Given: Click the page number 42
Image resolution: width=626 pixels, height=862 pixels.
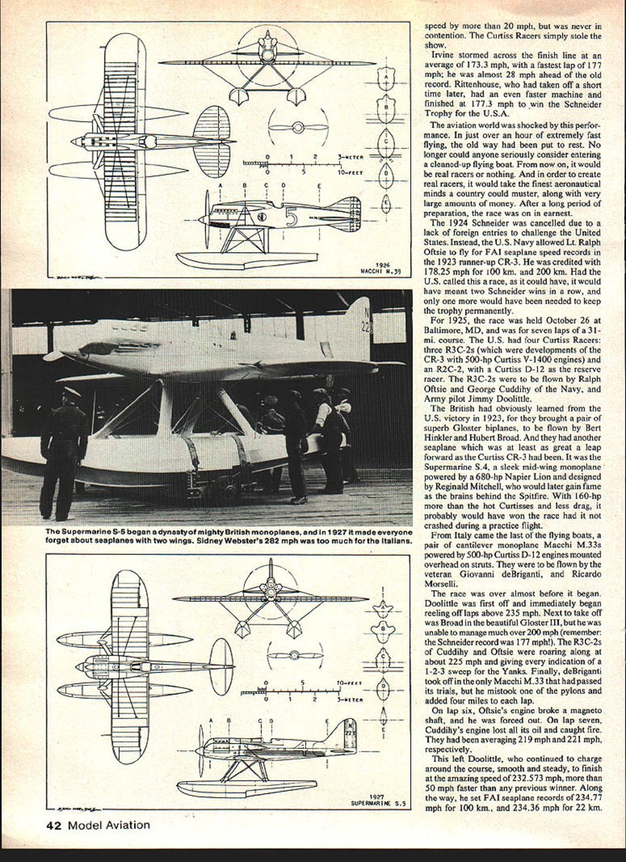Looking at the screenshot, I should click(55, 825).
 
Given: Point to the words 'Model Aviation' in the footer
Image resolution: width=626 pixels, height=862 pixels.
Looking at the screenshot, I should click(108, 825).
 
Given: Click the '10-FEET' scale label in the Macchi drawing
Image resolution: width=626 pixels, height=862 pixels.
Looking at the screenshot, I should click(350, 172).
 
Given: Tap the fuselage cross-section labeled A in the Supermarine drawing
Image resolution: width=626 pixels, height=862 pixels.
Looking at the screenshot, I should click(382, 607).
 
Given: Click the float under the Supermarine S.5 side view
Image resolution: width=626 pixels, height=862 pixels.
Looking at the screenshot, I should click(279, 783).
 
